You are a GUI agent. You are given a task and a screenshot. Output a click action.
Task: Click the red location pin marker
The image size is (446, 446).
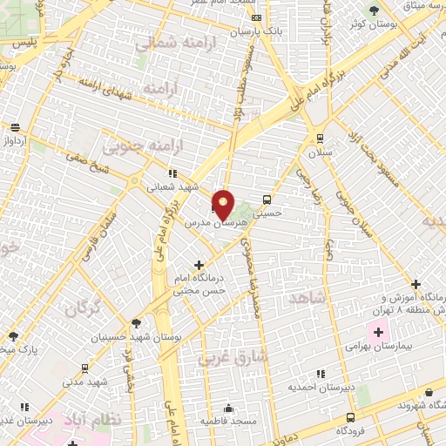pyautogui.click(x=224, y=204)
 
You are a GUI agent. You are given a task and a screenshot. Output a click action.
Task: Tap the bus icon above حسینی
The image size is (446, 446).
pyautogui.click(x=266, y=198)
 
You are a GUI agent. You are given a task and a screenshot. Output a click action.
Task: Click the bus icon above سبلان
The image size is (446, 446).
pyautogui.click(x=321, y=139)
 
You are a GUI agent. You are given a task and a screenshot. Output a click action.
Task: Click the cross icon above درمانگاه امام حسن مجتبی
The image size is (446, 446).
pyautogui.click(x=199, y=264)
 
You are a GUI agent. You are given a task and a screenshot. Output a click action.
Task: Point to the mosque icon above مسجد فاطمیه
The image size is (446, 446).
pyautogui.click(x=229, y=408)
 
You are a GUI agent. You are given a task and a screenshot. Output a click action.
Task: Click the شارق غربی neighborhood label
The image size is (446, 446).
pyautogui.click(x=222, y=357)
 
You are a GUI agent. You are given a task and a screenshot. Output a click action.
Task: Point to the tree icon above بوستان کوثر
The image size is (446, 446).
pyautogui.click(x=374, y=10)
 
